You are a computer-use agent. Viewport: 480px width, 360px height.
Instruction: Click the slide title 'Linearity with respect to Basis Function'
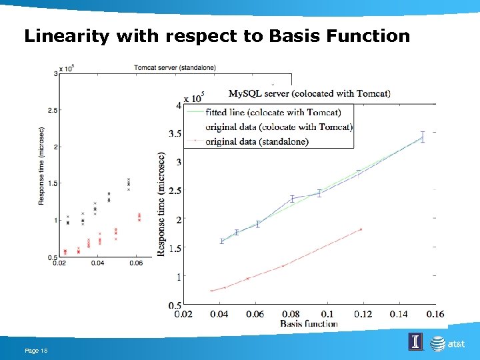217,36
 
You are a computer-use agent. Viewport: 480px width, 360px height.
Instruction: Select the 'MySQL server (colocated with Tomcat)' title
309,93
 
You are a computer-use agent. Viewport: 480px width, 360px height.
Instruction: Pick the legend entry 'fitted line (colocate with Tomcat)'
273,112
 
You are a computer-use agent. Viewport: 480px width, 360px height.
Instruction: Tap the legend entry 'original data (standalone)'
257,141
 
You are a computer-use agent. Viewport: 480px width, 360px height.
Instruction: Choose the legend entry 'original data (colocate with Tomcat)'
279,127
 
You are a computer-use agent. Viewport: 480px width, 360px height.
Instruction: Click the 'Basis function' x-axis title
309,323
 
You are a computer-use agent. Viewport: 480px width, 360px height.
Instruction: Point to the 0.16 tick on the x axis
435,314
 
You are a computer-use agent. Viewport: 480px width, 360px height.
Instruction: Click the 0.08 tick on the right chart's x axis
291,314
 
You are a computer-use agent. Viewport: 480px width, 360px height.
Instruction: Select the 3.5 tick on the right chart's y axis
175,134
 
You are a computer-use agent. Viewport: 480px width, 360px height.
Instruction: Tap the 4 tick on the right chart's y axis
178,105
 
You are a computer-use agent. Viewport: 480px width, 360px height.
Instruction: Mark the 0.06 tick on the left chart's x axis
136,263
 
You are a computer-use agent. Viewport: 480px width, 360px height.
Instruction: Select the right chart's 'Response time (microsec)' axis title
161,204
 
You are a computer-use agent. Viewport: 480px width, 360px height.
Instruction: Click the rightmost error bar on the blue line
422,137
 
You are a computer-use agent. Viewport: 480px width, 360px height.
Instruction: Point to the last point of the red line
361,229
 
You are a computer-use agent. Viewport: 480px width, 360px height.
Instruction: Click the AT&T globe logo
437,344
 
